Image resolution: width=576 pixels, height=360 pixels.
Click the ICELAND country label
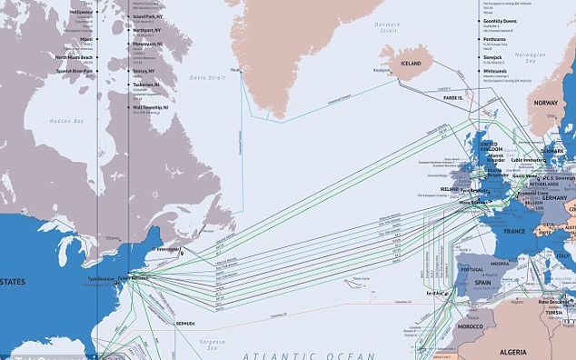point(412,64)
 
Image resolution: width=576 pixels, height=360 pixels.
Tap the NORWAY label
point(545,103)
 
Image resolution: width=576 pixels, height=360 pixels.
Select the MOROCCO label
point(471,325)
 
